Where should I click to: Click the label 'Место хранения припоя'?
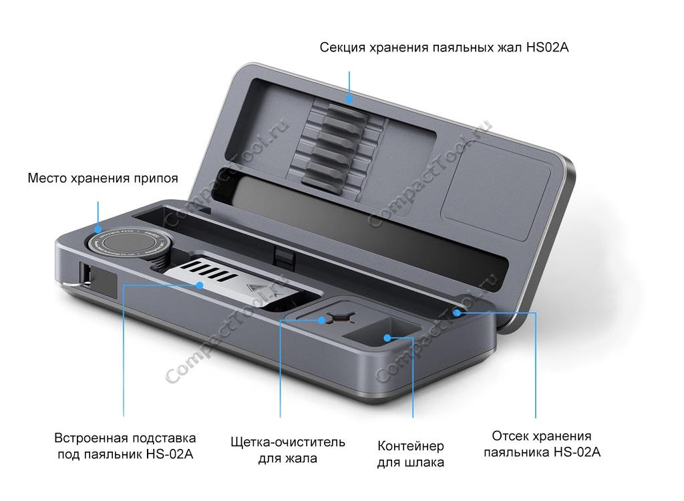[103, 178]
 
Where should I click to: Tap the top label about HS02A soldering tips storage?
[444, 47]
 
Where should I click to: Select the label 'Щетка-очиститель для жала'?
[288, 450]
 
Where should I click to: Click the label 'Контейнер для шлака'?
[411, 454]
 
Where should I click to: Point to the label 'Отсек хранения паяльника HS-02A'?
[542, 444]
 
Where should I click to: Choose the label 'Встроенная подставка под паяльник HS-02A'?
[125, 446]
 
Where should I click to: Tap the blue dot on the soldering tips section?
[349, 99]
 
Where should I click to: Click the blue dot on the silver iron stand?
[200, 285]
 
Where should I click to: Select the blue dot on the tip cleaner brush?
[321, 320]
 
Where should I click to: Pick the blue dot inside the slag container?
[387, 338]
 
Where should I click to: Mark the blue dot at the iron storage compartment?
[457, 313]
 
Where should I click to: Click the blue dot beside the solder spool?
[98, 228]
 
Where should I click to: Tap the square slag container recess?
[383, 334]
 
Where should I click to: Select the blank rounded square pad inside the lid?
[496, 190]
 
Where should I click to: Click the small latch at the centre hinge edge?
[283, 258]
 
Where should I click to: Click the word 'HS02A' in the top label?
[548, 47]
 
